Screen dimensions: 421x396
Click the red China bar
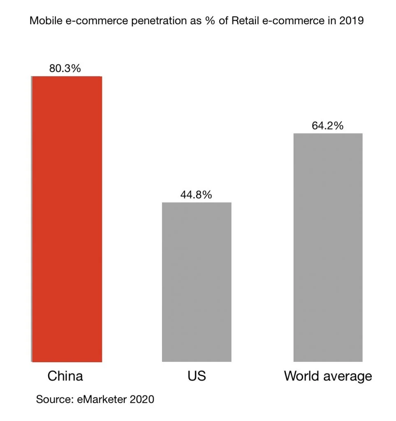pyautogui.click(x=67, y=219)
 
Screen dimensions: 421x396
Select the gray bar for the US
pyautogui.click(x=197, y=282)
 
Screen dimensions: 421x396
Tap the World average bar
pyautogui.click(x=328, y=248)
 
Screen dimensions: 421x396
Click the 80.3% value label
pyautogui.click(x=65, y=68)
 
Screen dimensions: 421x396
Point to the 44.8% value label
pyautogui.click(x=196, y=195)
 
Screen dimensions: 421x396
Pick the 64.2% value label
pyautogui.click(x=327, y=126)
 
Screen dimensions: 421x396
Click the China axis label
pyautogui.click(x=65, y=376)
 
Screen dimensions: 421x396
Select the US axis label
pyautogui.click(x=196, y=376)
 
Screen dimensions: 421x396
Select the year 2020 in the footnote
pyautogui.click(x=141, y=399)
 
